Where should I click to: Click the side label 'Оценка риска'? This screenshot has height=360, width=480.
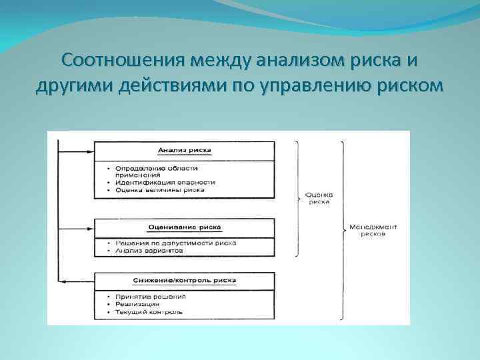319,199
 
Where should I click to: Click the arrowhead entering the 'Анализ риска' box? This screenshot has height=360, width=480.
89,151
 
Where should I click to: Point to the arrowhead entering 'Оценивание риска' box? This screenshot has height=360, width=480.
89,227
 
